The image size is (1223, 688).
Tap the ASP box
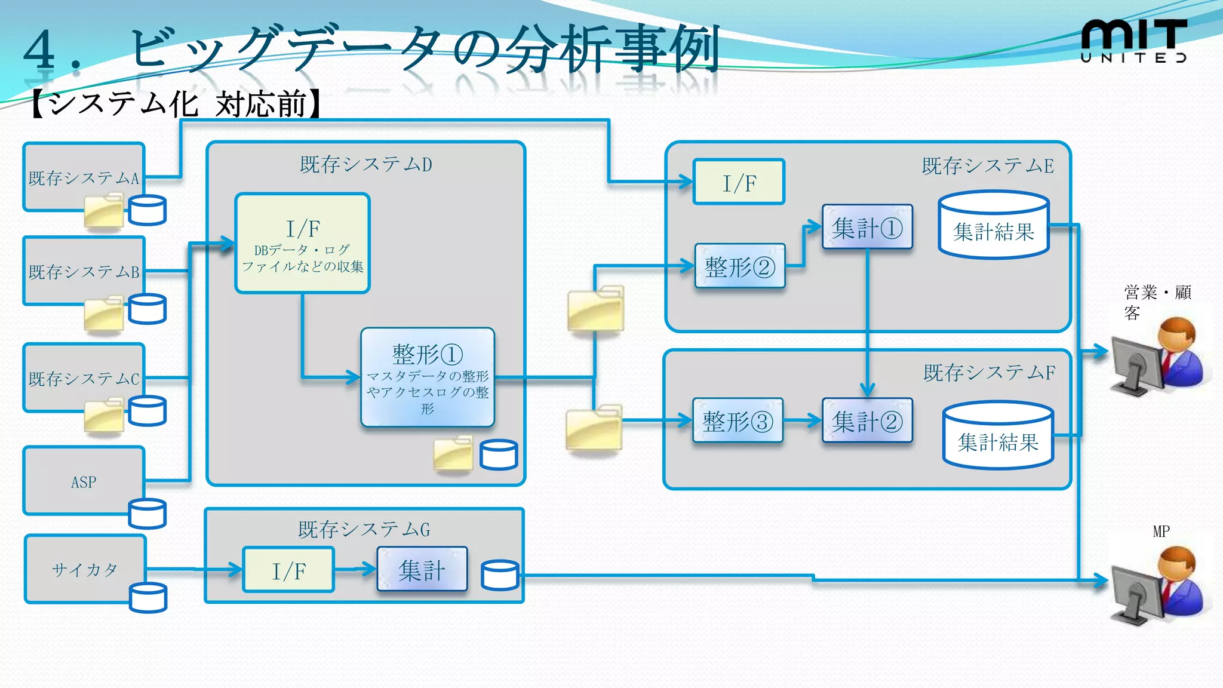pos(84,481)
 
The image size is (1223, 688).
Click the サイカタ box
pos(85,569)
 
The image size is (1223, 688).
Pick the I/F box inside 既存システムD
pos(302,243)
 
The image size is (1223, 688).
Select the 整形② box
pos(739,266)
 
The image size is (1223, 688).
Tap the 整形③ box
pos(738,421)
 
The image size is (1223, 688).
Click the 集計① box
pos(867,227)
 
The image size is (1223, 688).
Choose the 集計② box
pos(867,421)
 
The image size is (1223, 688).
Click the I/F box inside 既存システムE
pos(739,182)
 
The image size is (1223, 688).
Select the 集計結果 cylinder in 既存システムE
pos(993,225)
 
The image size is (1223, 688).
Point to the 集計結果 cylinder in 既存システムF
pos(998,435)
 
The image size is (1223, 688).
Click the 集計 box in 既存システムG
pos(422,569)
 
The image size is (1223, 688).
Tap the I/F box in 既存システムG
pos(288,570)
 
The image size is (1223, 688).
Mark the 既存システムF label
pos(989,373)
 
